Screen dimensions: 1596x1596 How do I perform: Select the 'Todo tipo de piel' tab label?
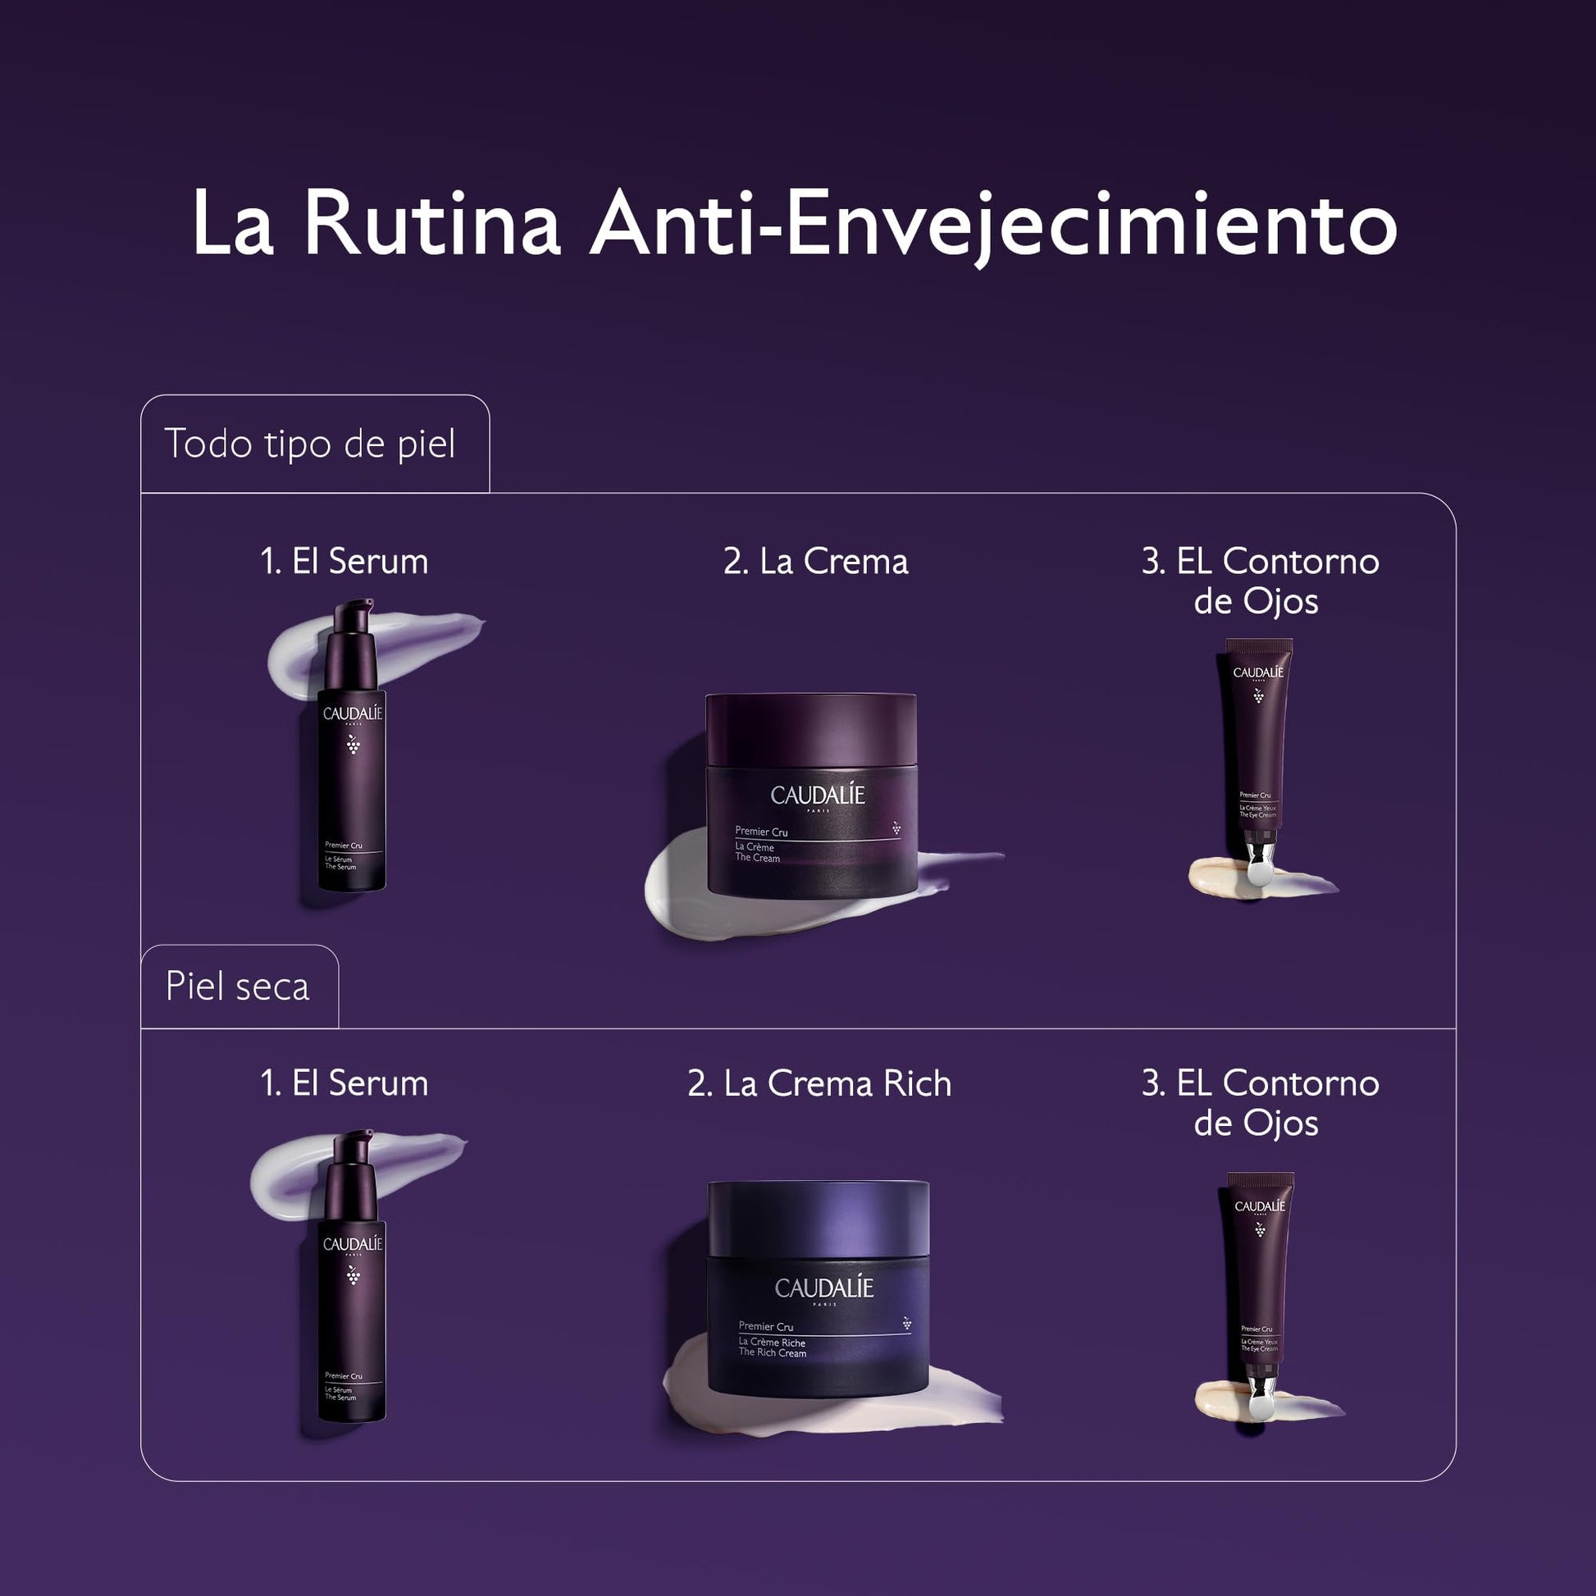[310, 445]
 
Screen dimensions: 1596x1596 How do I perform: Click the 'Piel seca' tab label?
[237, 987]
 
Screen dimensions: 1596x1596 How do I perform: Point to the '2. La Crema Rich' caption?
[819, 1084]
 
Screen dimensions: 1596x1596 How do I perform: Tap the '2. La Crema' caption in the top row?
[816, 562]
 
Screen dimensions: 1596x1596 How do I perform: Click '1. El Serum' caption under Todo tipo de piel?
[344, 562]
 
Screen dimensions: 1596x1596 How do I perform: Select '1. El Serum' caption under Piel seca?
[344, 1084]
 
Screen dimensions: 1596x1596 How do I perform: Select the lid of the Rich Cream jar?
[819, 1220]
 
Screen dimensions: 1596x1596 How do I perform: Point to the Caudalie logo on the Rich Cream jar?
[823, 1288]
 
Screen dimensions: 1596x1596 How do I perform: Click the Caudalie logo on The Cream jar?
[817, 796]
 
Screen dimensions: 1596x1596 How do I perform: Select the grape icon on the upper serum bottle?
[353, 745]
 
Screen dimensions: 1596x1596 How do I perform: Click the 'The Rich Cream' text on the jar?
[772, 1353]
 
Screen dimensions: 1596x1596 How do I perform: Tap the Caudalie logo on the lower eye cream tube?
[1260, 1206]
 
